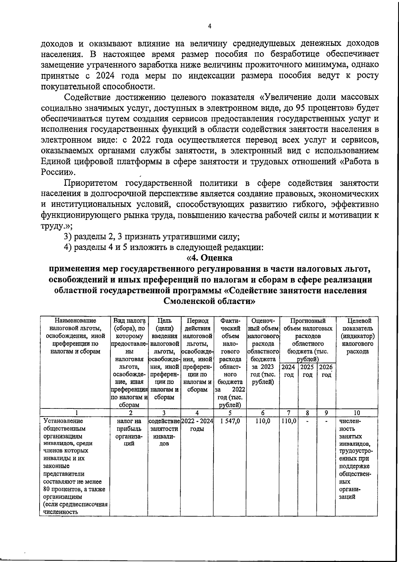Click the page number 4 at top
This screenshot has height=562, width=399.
[209, 27]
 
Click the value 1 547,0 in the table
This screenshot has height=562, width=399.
[230, 421]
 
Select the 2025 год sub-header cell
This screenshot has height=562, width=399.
[307, 371]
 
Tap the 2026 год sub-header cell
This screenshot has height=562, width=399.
[326, 371]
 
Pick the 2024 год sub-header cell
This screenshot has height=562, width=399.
[289, 371]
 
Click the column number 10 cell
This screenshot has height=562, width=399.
[356, 413]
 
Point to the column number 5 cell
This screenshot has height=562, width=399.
[230, 413]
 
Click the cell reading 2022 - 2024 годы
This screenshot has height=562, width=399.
[197, 425]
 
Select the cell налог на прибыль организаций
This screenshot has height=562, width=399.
[129, 432]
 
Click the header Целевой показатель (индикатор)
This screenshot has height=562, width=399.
[356, 336]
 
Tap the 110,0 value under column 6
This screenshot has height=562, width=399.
[263, 421]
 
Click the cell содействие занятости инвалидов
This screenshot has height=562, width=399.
[164, 432]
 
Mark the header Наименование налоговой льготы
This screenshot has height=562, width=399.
[75, 336]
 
